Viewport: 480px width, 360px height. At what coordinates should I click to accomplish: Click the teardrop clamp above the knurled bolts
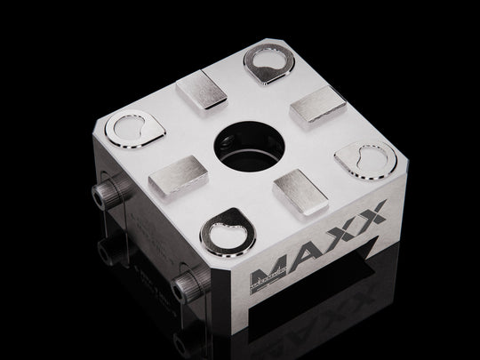click(x=131, y=129)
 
